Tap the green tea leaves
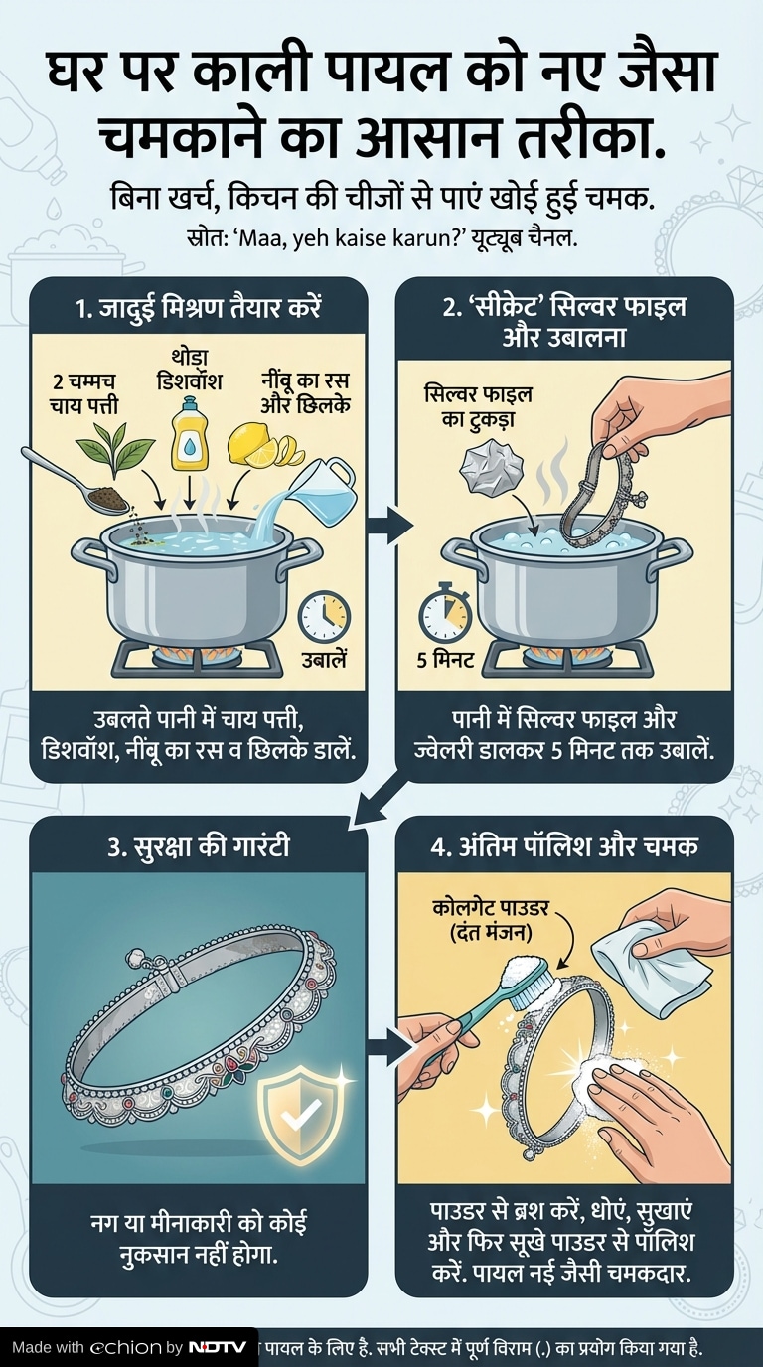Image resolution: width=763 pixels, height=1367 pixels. coord(115,450)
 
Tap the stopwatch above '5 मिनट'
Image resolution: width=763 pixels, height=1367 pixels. coord(446,612)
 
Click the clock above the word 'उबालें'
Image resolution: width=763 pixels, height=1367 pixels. coord(324,616)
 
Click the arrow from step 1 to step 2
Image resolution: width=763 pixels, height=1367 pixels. coord(389,523)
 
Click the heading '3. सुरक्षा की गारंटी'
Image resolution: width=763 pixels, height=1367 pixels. coord(199,847)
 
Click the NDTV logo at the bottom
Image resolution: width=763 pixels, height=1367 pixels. coord(217,1347)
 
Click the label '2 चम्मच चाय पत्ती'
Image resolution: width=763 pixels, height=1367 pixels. coord(84,393)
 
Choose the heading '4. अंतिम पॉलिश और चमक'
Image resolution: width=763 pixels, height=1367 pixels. coord(564,847)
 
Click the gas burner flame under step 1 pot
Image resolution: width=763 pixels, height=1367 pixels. coord(197,656)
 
